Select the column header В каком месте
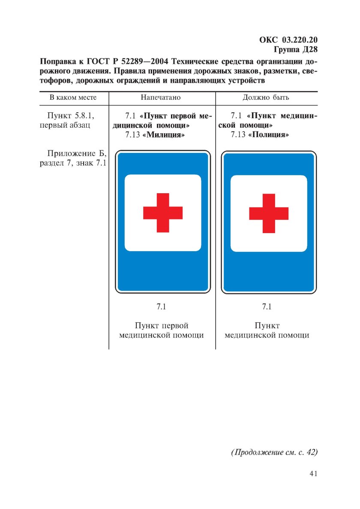(73, 98)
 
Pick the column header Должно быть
(266, 98)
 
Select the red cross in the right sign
(269, 213)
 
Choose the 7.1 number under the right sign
(267, 307)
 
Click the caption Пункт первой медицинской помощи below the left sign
(161, 330)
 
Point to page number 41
(313, 473)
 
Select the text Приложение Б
(76, 154)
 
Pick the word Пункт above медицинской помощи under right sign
(267, 326)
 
